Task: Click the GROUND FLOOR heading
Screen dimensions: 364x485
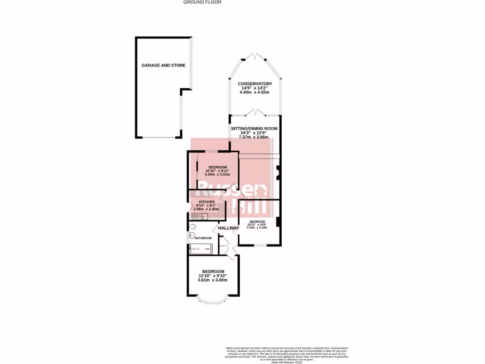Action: click(x=202, y=2)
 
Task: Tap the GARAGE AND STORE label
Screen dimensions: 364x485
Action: click(x=163, y=65)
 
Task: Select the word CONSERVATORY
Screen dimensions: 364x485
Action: click(x=255, y=84)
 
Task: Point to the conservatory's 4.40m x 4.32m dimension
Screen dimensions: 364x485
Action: click(x=255, y=92)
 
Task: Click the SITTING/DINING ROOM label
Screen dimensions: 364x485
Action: click(x=254, y=128)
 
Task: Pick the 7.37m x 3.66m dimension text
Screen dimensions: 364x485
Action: click(x=254, y=137)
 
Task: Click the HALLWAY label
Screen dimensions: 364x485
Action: click(x=228, y=228)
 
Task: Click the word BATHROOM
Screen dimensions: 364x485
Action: click(x=203, y=238)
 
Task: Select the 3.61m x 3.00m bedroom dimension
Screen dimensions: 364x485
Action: click(x=213, y=280)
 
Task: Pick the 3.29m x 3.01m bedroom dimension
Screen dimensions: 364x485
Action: click(x=216, y=174)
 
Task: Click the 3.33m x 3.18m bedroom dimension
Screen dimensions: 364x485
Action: click(x=257, y=227)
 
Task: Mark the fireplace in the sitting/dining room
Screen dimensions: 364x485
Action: click(x=278, y=173)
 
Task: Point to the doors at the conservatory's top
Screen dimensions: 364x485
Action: click(x=255, y=57)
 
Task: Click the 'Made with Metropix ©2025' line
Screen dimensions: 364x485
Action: click(x=287, y=362)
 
